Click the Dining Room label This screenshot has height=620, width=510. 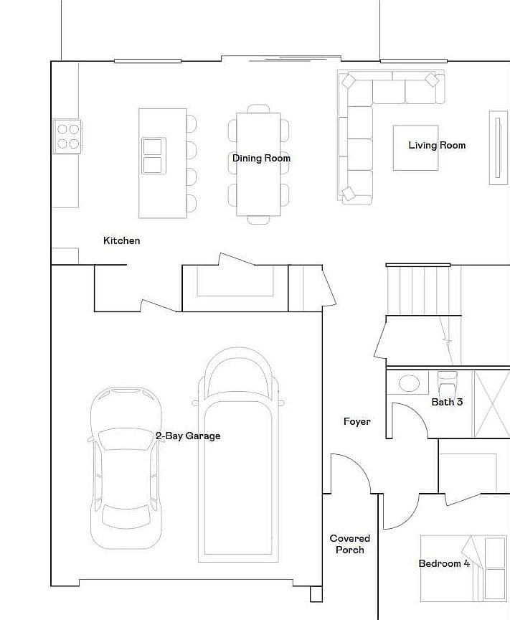point(261,158)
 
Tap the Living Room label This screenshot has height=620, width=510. point(437,146)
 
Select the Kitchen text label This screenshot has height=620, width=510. point(121,240)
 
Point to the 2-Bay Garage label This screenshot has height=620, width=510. point(188,436)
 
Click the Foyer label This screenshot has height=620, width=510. point(357,421)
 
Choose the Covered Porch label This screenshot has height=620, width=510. point(350,544)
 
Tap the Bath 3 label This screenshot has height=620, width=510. point(447,402)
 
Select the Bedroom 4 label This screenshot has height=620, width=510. point(444,563)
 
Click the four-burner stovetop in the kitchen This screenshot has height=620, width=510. point(67,136)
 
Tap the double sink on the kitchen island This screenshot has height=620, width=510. point(154,156)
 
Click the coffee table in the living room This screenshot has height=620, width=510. point(415,148)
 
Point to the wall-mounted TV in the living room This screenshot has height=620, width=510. point(498,148)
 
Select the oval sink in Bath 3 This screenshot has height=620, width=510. point(409,382)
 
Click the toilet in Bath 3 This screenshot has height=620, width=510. point(447,382)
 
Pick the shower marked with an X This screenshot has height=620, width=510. point(491,404)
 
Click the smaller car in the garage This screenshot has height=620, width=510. point(126,468)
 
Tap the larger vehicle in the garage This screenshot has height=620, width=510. point(238,455)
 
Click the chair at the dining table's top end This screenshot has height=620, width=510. point(258,108)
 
